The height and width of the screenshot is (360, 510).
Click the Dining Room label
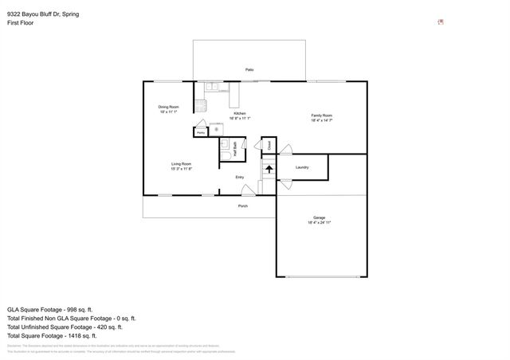[x=168, y=107]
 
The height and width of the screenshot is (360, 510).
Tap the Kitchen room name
[x=239, y=114]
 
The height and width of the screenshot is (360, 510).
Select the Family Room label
[x=321, y=115]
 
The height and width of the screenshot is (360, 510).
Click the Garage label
[x=319, y=217]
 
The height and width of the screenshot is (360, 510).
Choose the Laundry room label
[x=302, y=167]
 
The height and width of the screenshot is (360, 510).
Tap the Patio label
[x=249, y=70]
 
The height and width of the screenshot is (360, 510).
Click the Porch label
[x=243, y=206]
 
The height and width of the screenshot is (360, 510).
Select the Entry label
[x=239, y=177]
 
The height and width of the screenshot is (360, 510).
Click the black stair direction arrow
[x=269, y=168]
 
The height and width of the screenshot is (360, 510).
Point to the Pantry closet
[x=202, y=131]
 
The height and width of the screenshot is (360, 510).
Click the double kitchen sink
[x=211, y=86]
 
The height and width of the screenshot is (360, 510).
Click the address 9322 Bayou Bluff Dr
[x=37, y=14]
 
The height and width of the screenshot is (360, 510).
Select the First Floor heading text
[x=20, y=23]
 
